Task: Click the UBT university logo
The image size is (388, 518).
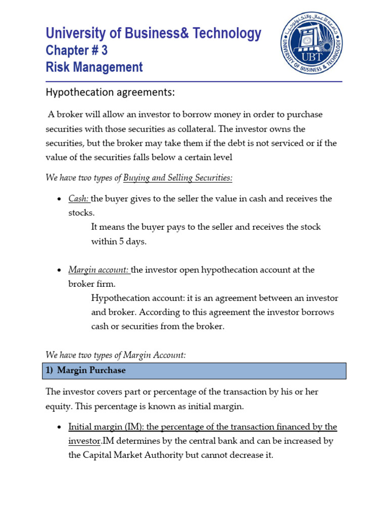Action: tap(311, 43)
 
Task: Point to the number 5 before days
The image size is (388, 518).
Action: tap(122, 241)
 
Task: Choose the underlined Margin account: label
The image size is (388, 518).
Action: tap(99, 270)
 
